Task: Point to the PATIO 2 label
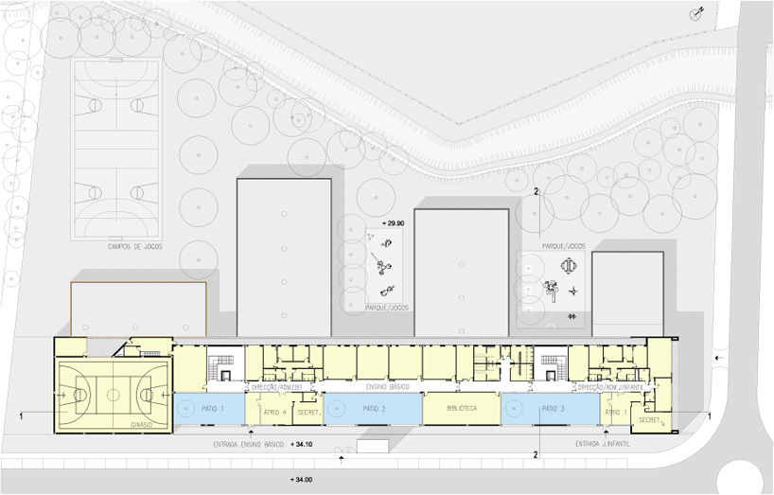coord(374,408)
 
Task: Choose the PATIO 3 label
coord(555,408)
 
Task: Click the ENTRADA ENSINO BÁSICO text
coord(247,443)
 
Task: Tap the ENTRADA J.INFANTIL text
coord(602,443)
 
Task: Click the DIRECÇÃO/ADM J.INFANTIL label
coord(610,388)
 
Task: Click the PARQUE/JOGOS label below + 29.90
coord(386,307)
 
